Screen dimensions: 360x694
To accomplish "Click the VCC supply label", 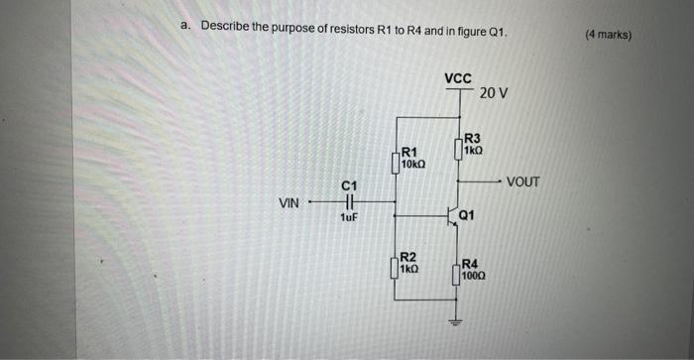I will pyautogui.click(x=458, y=77).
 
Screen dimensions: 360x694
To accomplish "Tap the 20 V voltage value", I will pyautogui.click(x=493, y=93).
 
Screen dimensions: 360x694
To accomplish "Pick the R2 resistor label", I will pyautogui.click(x=407, y=257).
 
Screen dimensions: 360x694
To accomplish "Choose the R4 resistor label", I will pyautogui.click(x=471, y=263).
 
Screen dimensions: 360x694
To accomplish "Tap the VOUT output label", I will pyautogui.click(x=522, y=182).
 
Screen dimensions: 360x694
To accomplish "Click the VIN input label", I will pyautogui.click(x=289, y=203).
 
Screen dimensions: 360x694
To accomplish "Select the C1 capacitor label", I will pyautogui.click(x=348, y=186).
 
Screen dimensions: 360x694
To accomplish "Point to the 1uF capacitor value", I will pyautogui.click(x=348, y=218).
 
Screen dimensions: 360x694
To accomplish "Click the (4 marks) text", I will pyautogui.click(x=607, y=35).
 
